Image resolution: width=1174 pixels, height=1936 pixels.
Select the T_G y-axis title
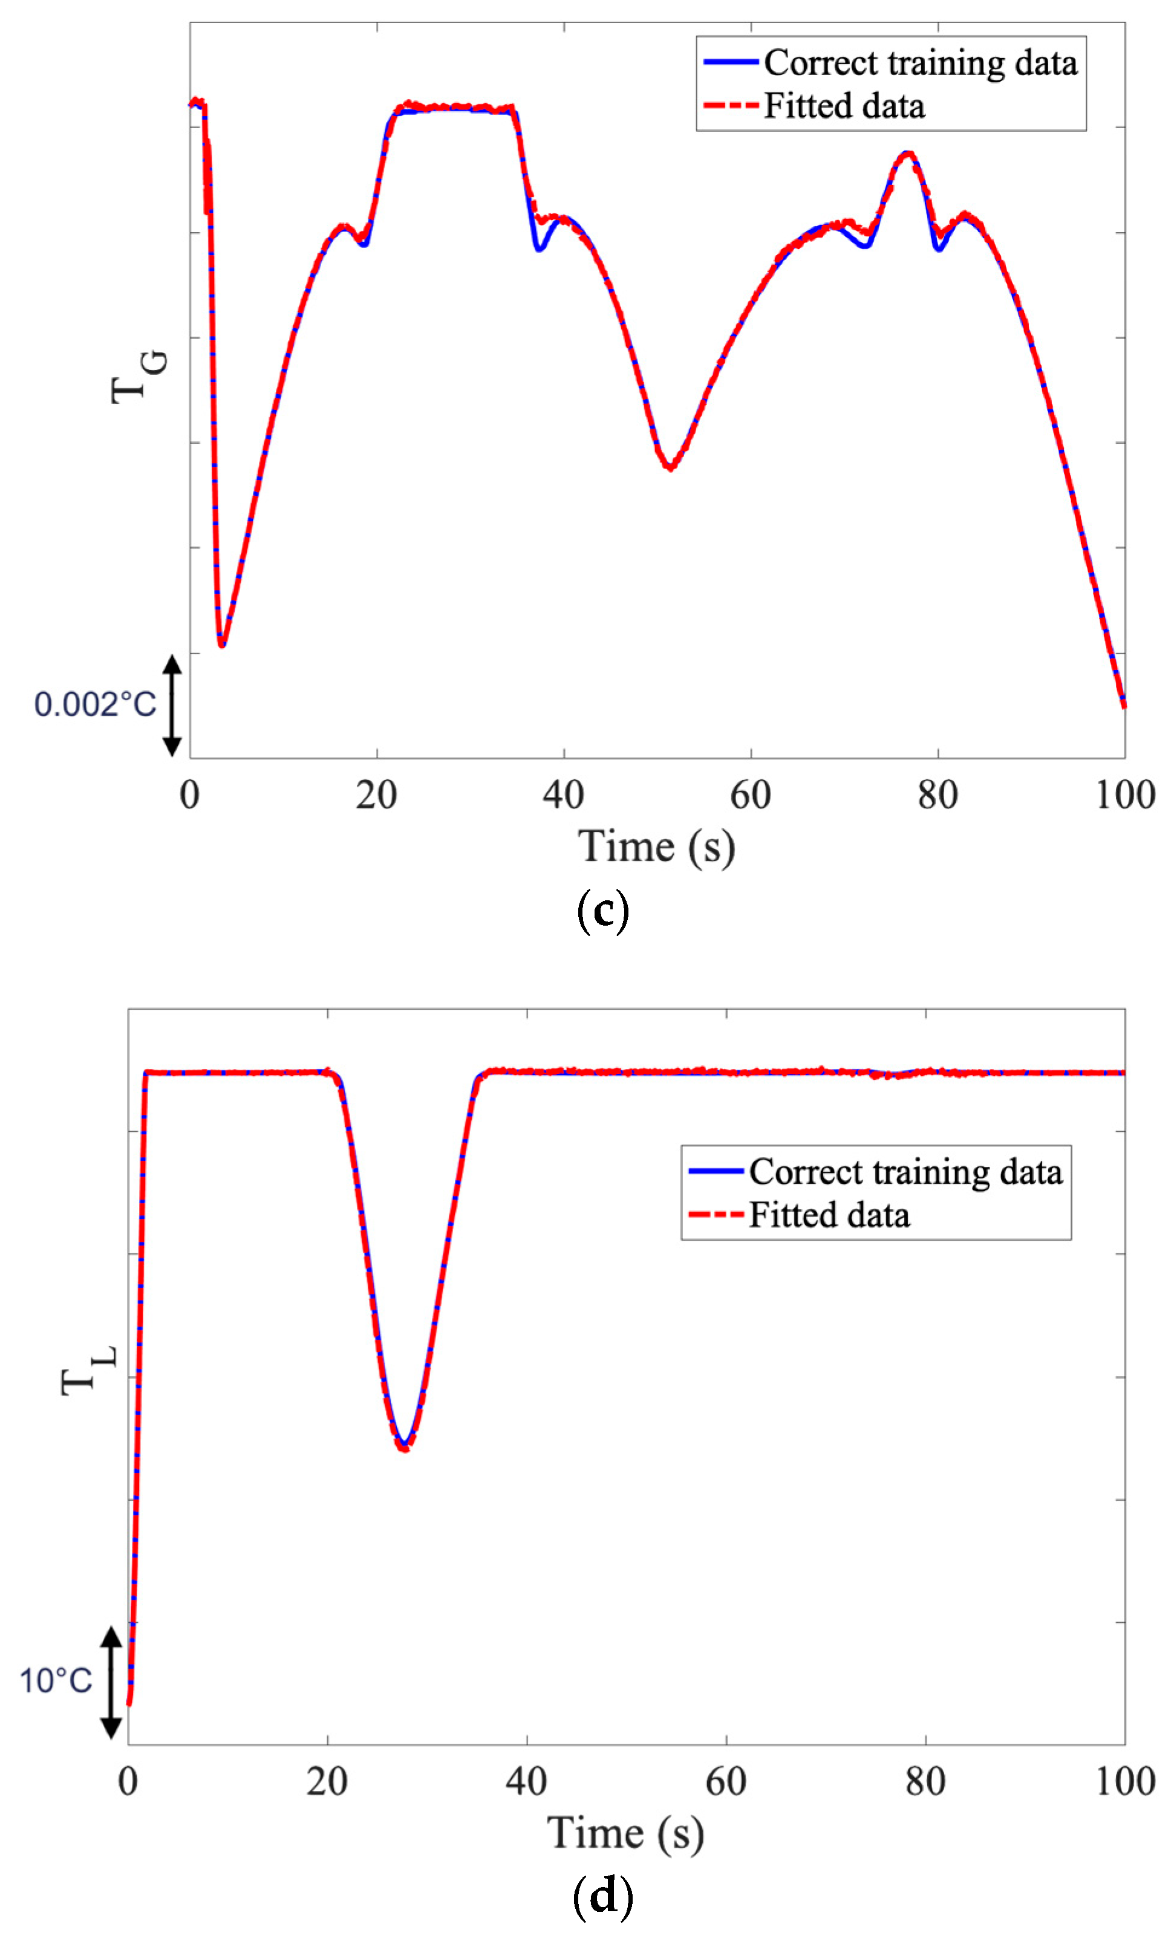click(x=139, y=377)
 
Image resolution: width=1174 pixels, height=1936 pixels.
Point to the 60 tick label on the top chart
click(x=751, y=795)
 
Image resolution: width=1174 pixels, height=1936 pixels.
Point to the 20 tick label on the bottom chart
click(x=327, y=1781)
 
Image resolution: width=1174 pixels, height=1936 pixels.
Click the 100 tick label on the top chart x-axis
click(x=1124, y=795)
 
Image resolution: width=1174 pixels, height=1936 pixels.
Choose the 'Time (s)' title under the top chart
click(x=656, y=848)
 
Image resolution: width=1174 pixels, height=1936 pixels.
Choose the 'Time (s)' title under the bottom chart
click(x=625, y=1833)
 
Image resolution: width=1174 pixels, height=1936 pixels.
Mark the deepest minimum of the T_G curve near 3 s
click(x=223, y=645)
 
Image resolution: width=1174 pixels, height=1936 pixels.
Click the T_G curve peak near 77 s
click(x=908, y=153)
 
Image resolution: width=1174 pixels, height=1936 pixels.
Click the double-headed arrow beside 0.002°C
click(x=172, y=705)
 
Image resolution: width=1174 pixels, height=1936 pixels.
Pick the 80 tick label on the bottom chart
click(x=925, y=1781)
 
